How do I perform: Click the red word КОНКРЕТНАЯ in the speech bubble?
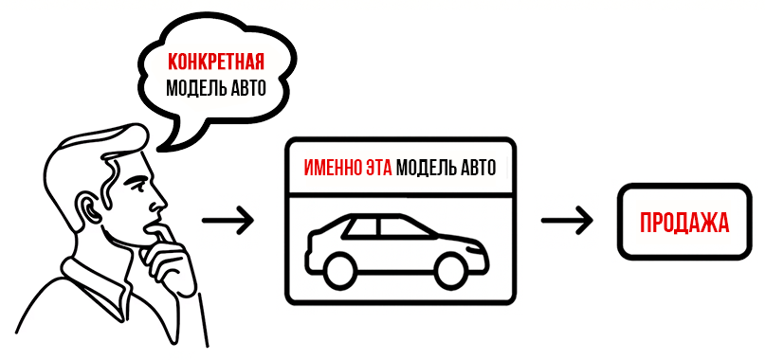tap(214, 63)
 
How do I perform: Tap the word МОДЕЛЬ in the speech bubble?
tap(194, 89)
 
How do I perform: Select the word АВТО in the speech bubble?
tap(244, 89)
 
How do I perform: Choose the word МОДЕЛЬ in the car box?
tap(426, 169)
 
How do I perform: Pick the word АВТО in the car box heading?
tap(479, 169)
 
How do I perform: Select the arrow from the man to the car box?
tap(229, 221)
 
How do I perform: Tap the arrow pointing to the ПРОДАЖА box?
tap(568, 221)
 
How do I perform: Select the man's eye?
tap(142, 181)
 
